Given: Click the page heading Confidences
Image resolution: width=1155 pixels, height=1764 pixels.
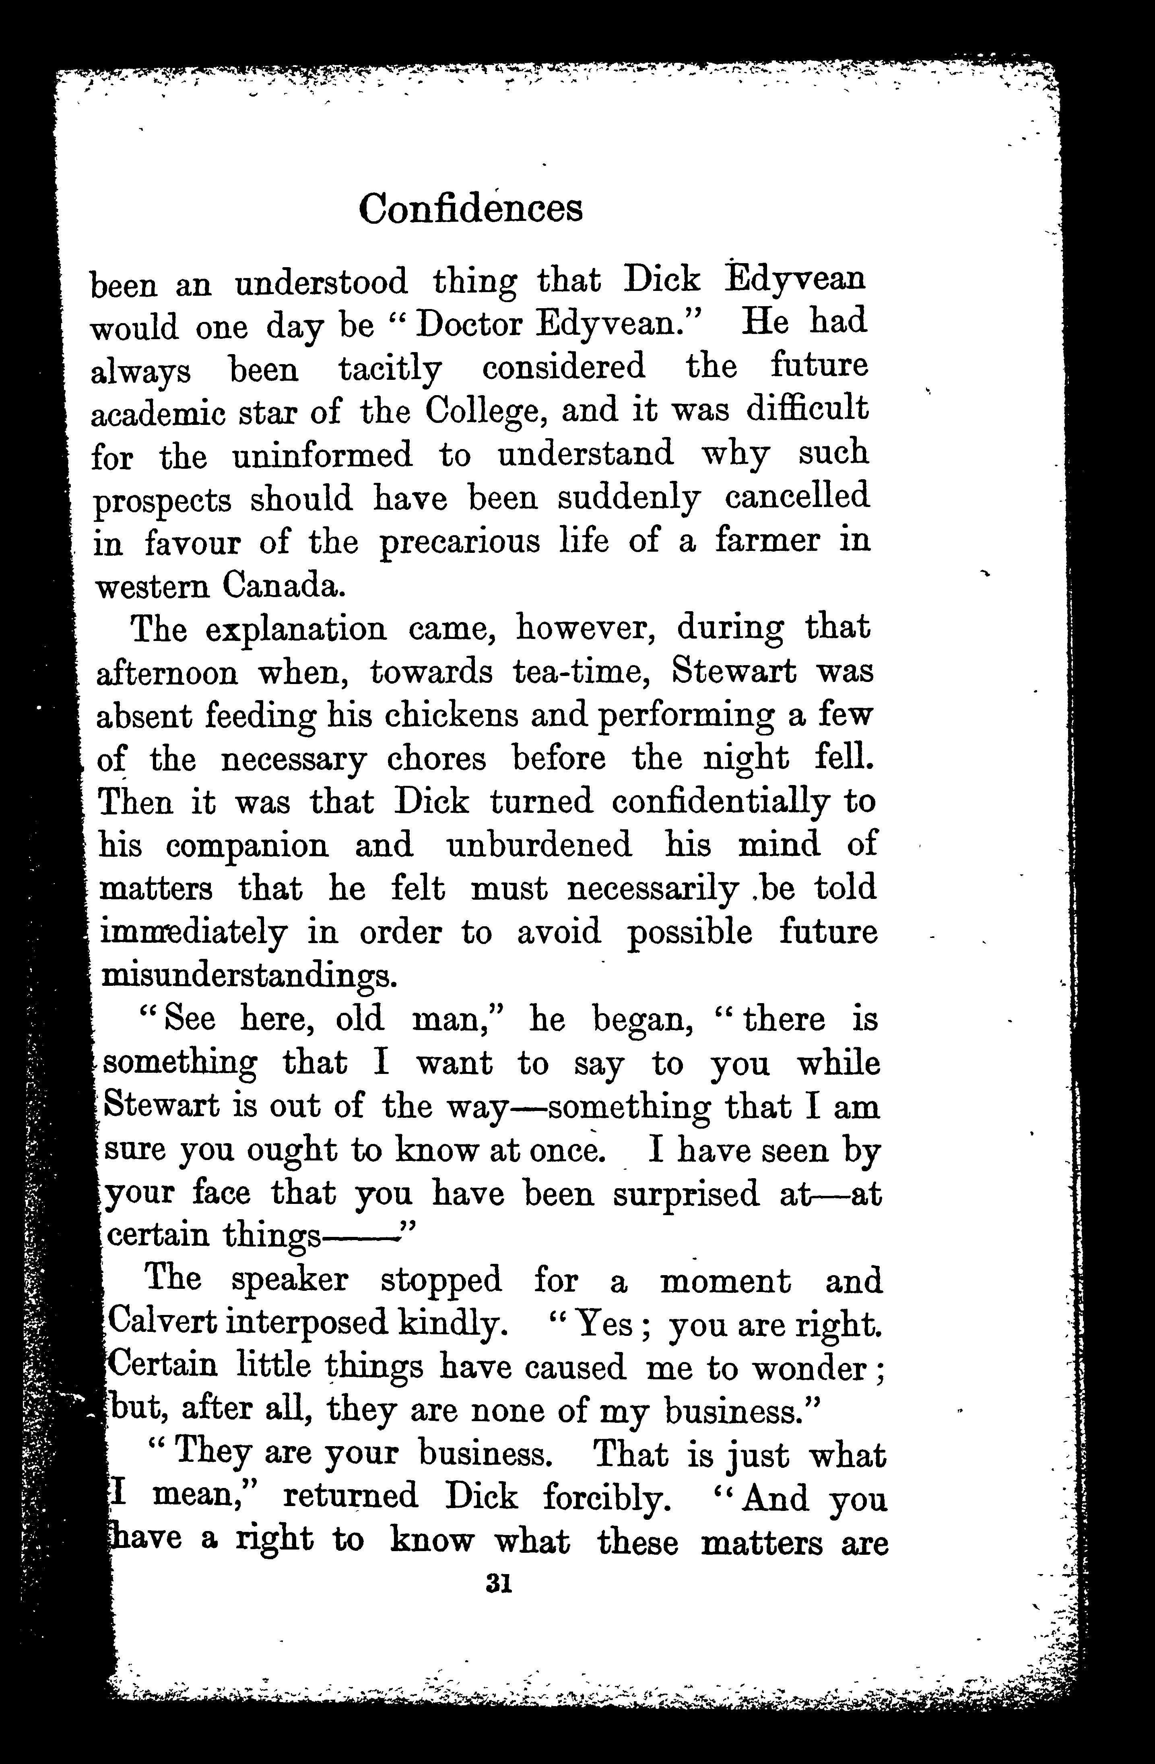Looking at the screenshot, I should [471, 208].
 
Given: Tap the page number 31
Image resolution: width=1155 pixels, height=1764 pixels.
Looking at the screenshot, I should [498, 1584].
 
